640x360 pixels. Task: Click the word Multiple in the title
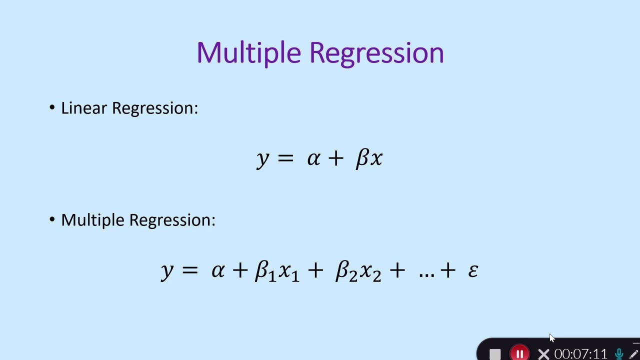pos(248,53)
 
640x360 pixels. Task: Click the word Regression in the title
pos(376,53)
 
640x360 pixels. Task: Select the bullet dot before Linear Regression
pos(52,107)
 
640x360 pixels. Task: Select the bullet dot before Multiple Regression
pos(52,219)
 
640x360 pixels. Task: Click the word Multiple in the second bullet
pos(93,220)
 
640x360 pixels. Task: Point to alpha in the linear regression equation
pos(313,158)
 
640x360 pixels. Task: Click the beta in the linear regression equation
pos(362,158)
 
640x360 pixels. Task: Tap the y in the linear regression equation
pos(262,159)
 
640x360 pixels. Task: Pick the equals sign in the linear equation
pos(285,158)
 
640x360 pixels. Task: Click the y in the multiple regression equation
pos(167,271)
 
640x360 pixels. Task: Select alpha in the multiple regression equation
pos(217,270)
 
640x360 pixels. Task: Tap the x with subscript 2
pos(370,271)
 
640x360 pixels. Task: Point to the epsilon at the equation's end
pos(473,270)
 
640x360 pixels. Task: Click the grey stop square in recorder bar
pos(495,354)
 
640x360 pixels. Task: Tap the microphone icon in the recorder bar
pos(619,353)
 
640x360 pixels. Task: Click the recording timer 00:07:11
pos(580,354)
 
